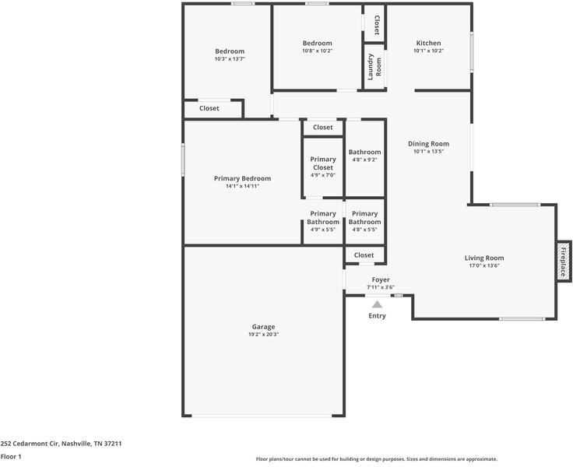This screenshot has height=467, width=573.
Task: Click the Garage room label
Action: [263, 327]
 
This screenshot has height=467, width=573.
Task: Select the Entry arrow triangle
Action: [377, 304]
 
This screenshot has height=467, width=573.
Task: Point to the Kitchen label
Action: [428, 43]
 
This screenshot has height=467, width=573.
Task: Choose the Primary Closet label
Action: [322, 163]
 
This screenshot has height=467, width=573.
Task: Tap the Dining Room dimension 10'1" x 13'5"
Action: [429, 152]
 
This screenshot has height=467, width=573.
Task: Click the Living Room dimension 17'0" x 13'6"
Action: [484, 265]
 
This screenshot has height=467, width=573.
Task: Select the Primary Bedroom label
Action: [242, 178]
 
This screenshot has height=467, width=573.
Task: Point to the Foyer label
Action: [381, 279]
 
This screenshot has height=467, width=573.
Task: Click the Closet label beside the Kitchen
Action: [375, 25]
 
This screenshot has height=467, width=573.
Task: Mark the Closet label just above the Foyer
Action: [364, 255]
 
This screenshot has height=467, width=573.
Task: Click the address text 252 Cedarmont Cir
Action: [61, 443]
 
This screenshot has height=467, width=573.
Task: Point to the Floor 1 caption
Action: [11, 457]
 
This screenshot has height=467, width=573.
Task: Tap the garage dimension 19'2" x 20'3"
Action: [263, 335]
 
